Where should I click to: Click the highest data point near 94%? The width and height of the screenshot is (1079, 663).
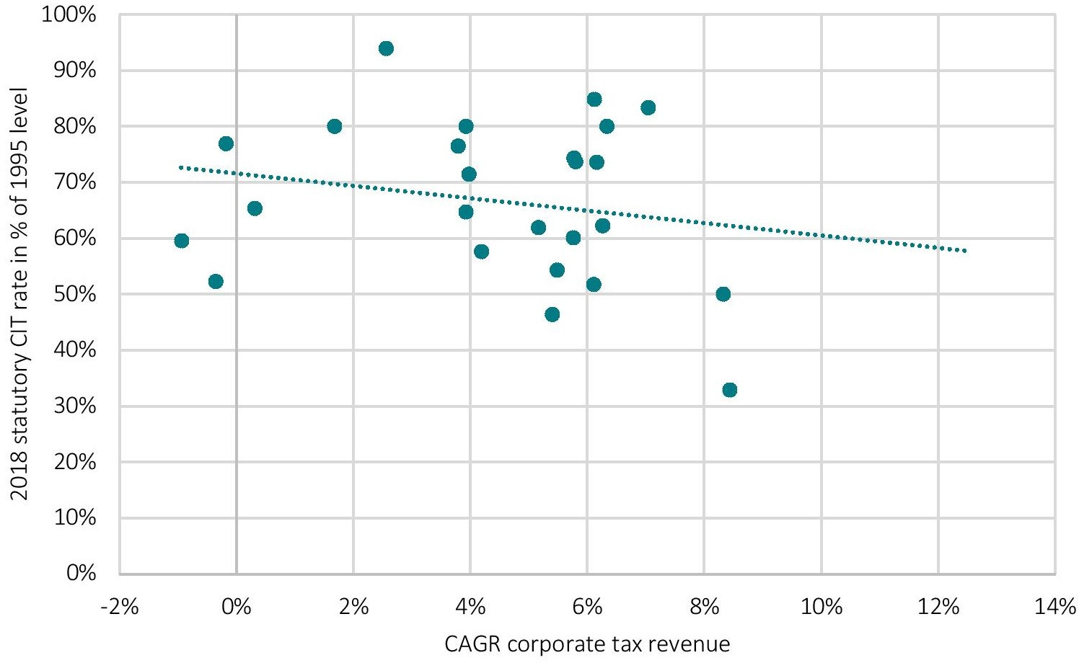(386, 48)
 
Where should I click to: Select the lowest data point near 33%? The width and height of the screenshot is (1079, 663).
(729, 390)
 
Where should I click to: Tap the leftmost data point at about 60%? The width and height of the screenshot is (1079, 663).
(182, 241)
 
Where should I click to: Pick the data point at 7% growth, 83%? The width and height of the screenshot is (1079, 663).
(648, 107)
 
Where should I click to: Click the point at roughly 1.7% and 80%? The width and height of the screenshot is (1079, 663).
(334, 126)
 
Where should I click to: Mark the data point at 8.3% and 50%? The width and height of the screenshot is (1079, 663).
(723, 294)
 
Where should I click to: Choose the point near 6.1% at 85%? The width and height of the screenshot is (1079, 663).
(594, 99)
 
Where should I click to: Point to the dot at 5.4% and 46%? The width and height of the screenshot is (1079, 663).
(552, 314)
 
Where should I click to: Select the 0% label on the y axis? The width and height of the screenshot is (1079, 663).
(82, 574)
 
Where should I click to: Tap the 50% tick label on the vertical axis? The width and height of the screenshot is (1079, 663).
(75, 294)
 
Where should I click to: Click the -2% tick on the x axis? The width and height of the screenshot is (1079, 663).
(119, 607)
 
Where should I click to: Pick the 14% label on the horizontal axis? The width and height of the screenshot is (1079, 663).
(1054, 607)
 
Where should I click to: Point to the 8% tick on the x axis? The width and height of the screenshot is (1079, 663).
(704, 607)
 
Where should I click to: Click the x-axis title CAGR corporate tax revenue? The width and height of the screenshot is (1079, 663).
(587, 644)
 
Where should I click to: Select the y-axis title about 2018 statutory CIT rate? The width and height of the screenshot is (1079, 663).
(19, 294)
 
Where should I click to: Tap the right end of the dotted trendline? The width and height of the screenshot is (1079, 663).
(964, 251)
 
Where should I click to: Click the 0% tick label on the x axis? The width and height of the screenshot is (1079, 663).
(236, 607)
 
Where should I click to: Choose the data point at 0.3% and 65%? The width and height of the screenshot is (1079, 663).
(255, 208)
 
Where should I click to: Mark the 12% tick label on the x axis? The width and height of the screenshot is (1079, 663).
(938, 607)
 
